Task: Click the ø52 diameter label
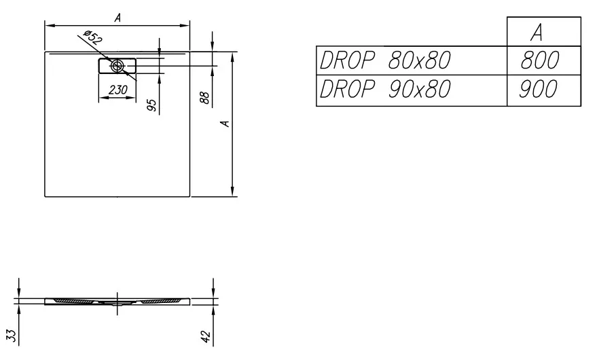[x=93, y=37]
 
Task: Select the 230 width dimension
[x=117, y=90]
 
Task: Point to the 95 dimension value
[x=151, y=105]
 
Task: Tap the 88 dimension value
[x=205, y=98]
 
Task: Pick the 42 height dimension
[x=206, y=336]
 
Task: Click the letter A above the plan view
[x=117, y=18]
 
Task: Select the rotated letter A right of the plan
[x=225, y=124]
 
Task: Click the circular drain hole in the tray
[x=117, y=66]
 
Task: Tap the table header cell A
[x=537, y=32]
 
